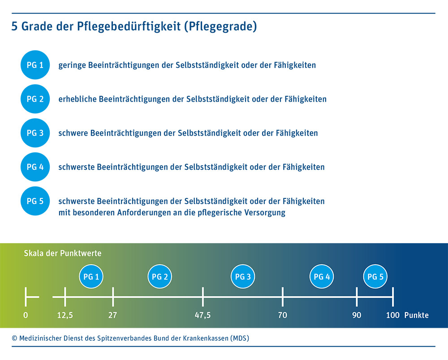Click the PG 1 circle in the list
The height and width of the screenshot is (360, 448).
click(35, 65)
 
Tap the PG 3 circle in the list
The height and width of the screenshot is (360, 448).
click(35, 133)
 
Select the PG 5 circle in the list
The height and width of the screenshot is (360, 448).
click(35, 201)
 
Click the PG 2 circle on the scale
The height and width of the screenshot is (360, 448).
click(160, 277)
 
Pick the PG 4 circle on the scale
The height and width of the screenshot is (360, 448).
click(322, 277)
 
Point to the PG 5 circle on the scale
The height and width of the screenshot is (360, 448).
click(375, 277)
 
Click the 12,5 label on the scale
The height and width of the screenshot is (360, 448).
click(65, 315)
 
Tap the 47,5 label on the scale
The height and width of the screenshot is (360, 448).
click(202, 315)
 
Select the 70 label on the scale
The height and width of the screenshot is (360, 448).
click(282, 315)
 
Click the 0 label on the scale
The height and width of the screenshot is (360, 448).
click(26, 315)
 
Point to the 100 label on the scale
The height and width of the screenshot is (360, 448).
click(393, 315)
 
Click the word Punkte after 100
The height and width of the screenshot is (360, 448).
click(416, 315)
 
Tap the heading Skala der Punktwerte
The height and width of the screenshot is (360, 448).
click(63, 253)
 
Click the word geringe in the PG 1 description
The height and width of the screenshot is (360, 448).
click(72, 65)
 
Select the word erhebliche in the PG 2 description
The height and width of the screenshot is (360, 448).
click(77, 99)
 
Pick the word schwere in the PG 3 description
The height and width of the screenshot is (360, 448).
click(73, 133)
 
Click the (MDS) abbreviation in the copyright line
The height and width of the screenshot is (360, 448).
click(239, 338)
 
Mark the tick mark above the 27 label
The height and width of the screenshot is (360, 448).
click(112, 296)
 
